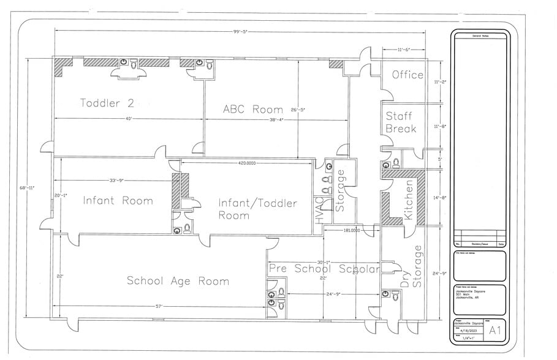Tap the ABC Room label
252,110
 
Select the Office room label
407,75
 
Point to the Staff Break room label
401,122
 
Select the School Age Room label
178,281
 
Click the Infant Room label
118,200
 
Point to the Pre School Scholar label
324,269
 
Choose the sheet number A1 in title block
494,331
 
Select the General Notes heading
480,37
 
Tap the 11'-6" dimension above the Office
403,49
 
